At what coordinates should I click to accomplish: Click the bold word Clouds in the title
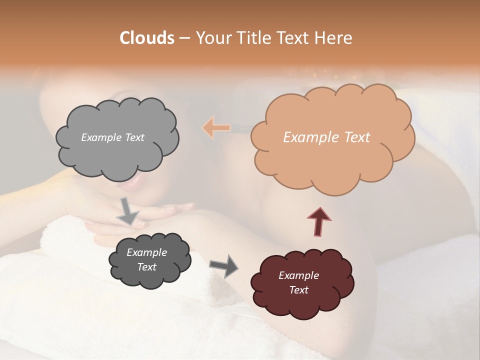(147, 38)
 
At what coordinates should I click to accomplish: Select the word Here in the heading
(334, 38)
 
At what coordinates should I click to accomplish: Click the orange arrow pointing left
(216, 128)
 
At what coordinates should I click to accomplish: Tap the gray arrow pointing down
(127, 211)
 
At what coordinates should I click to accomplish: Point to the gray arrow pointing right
(224, 265)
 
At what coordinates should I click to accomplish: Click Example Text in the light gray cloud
(112, 137)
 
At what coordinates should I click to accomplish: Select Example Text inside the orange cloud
(326, 137)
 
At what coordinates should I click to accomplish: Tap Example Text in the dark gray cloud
(146, 259)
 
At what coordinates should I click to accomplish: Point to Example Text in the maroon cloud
(298, 282)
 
